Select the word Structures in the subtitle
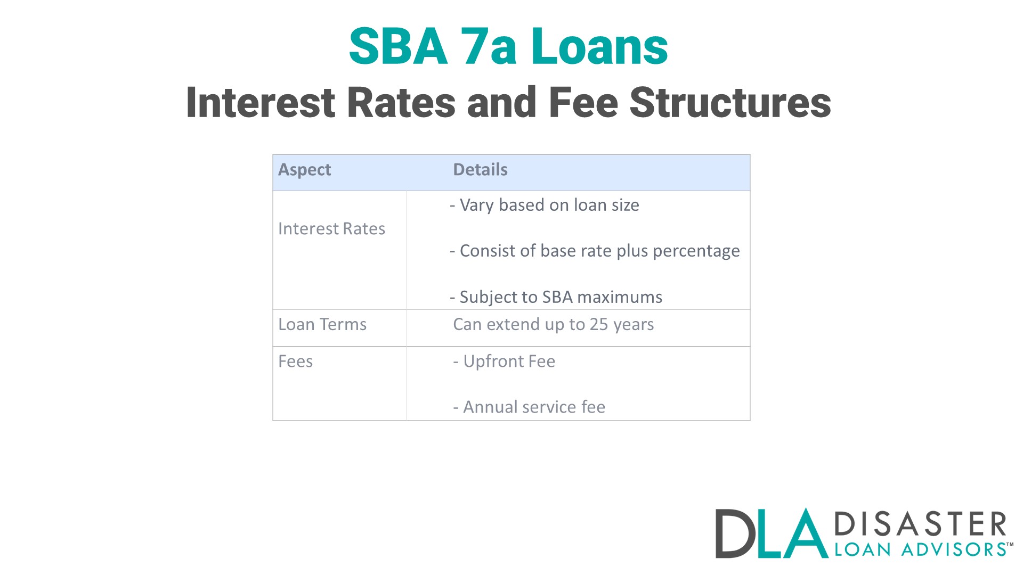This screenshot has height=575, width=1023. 730,103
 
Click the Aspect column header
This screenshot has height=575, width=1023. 304,170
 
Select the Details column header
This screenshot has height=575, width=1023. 480,170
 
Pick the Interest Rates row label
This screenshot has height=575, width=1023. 331,229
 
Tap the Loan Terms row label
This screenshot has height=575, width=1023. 322,325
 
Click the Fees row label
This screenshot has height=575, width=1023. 295,362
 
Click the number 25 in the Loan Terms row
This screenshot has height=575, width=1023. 599,325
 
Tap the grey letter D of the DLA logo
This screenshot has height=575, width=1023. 734,533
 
